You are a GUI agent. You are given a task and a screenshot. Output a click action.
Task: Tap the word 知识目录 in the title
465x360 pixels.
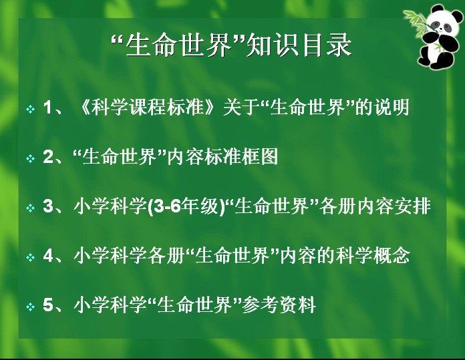point(299,45)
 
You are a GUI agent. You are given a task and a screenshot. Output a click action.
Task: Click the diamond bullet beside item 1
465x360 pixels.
point(30,109)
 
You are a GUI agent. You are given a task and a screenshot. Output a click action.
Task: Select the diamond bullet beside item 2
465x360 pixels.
point(30,158)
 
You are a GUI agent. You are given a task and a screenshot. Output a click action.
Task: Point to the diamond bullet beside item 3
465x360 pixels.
point(30,208)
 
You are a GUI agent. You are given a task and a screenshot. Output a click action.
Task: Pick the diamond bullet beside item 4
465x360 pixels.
point(30,257)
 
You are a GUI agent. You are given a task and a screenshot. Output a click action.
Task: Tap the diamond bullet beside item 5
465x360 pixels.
point(30,307)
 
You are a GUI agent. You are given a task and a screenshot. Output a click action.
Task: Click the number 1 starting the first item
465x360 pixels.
point(47,107)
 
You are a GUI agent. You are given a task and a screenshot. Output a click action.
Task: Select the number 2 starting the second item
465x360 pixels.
point(48,156)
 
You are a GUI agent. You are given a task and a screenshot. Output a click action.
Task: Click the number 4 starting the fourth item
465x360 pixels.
point(48,255)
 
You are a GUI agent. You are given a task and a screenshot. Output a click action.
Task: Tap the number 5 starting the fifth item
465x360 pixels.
point(48,305)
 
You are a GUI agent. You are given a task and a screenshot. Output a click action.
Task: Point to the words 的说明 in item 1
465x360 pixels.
point(383,107)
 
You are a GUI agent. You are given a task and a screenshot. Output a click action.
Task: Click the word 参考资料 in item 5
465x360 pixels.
point(279,305)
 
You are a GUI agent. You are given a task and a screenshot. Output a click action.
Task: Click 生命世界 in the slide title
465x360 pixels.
point(178,45)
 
